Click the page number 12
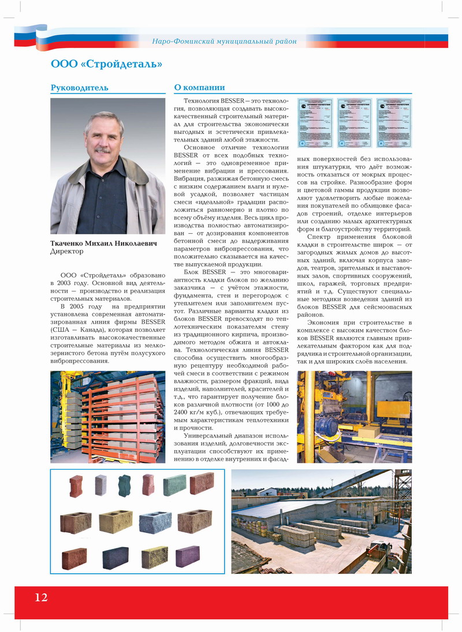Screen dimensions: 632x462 (x=41, y=597)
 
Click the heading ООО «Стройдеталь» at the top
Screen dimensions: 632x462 (x=106, y=63)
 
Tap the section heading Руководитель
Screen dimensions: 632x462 (x=79, y=88)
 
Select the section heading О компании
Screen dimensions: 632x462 (x=199, y=88)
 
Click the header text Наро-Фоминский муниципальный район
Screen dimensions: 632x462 (x=224, y=41)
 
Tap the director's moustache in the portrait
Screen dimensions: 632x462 (x=102, y=151)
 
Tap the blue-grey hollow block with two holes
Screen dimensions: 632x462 (x=155, y=522)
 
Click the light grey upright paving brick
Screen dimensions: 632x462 (x=101, y=485)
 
